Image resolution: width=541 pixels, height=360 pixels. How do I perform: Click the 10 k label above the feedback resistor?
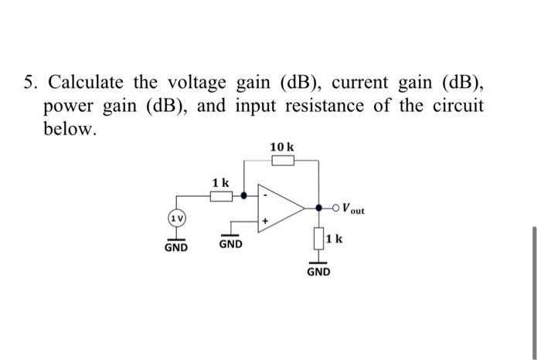tap(281, 147)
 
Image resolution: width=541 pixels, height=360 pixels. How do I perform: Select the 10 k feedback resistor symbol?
tap(283, 161)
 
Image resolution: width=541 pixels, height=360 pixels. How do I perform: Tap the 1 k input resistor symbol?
tap(221, 196)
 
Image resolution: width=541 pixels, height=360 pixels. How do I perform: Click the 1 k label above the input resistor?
tap(220, 182)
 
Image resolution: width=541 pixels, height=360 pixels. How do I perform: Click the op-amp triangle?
tap(278, 208)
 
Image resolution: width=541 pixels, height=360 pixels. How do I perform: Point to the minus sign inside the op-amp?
tap(265, 195)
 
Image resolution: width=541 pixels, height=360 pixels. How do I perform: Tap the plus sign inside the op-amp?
tap(265, 221)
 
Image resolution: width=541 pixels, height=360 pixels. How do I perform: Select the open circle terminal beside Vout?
tap(337, 208)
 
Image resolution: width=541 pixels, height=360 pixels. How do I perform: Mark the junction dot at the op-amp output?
tap(319, 208)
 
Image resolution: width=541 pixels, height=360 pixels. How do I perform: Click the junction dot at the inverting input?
tap(244, 196)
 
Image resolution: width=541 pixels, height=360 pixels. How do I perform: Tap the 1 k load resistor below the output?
tap(319, 238)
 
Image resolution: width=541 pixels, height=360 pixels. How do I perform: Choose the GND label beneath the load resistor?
tap(319, 272)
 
